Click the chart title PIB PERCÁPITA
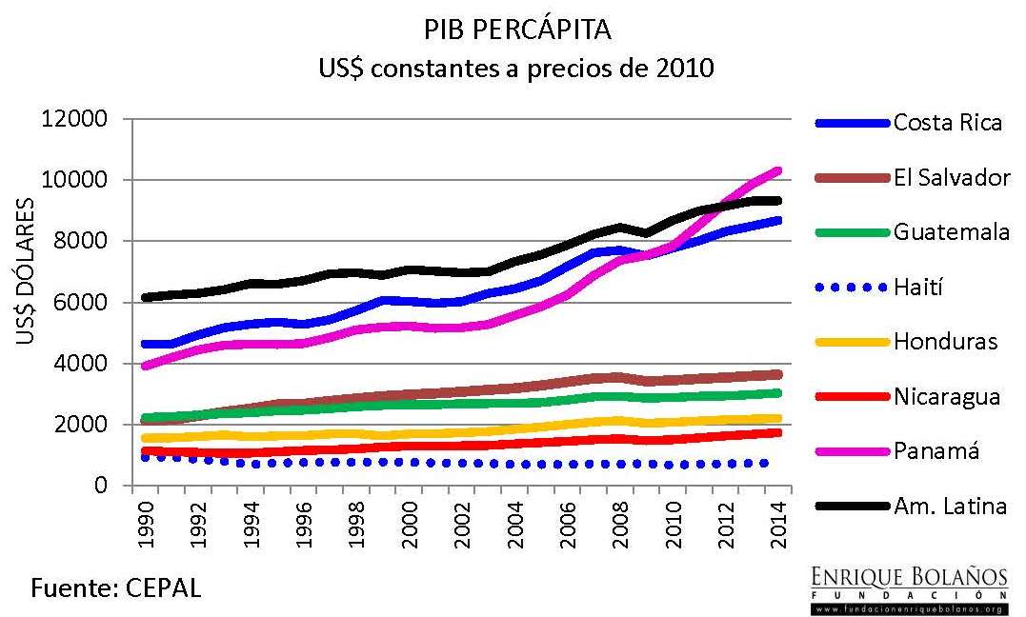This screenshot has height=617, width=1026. [517, 30]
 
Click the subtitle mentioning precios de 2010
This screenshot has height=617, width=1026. [517, 69]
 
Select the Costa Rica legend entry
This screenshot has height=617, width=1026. [947, 123]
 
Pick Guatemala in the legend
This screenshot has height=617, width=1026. [951, 231]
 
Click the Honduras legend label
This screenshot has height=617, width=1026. [945, 341]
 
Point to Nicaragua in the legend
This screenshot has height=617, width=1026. [947, 396]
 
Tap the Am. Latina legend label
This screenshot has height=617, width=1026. [950, 506]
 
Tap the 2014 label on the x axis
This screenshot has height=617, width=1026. [779, 523]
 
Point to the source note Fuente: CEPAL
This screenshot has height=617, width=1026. [117, 587]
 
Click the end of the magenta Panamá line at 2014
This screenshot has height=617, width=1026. [777, 170]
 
